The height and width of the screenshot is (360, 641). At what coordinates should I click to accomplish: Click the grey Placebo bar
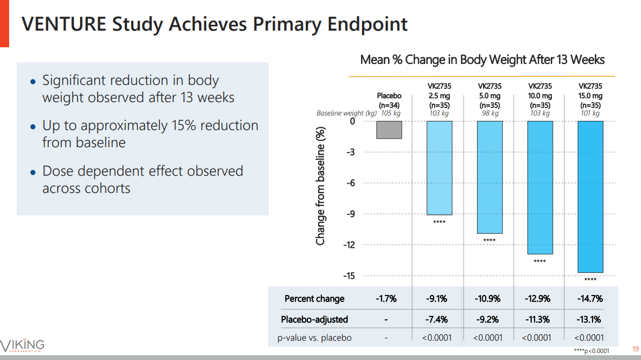(x=389, y=129)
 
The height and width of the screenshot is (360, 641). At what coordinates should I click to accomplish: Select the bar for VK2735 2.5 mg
(x=439, y=168)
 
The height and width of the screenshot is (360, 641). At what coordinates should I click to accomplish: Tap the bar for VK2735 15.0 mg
(x=590, y=196)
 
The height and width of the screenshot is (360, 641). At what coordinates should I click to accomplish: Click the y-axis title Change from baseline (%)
(x=320, y=185)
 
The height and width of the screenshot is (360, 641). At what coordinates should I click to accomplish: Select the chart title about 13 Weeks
(x=482, y=60)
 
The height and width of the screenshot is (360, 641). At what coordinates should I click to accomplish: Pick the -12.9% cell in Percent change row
(x=539, y=299)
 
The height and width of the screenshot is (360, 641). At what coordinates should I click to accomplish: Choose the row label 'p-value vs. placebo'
(x=314, y=338)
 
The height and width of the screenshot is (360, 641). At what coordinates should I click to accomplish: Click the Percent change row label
(x=314, y=299)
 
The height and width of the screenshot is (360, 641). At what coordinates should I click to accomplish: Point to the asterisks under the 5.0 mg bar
(x=489, y=240)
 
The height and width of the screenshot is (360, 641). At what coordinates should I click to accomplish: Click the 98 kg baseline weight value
(x=489, y=113)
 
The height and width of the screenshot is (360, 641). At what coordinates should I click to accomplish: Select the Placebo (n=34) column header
(x=389, y=100)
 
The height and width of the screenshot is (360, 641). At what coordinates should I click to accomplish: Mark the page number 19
(x=635, y=348)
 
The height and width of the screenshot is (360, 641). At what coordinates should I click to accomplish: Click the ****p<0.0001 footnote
(x=592, y=351)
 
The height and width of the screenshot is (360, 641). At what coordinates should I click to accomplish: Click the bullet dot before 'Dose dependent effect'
(x=33, y=172)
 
